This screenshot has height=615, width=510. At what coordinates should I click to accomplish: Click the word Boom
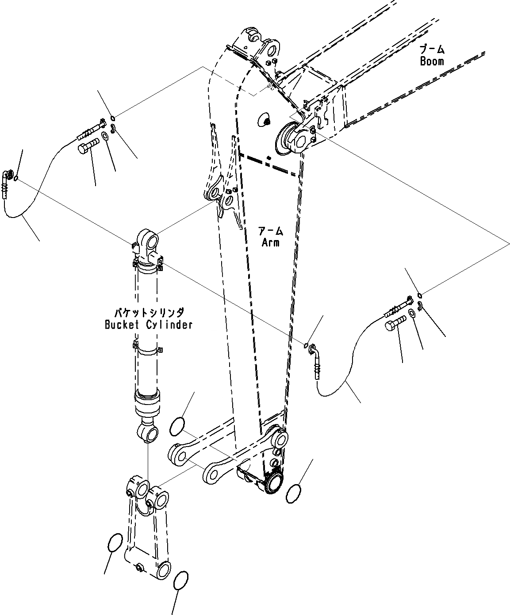point(432,61)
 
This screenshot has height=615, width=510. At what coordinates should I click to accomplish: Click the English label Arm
point(270,242)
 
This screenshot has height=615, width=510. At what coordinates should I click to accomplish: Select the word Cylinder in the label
point(170,325)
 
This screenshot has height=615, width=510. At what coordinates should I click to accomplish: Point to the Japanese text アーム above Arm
point(270,230)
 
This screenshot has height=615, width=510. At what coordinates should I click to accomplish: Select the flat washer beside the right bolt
point(411,313)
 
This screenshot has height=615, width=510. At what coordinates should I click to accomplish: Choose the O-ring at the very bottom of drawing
point(181,580)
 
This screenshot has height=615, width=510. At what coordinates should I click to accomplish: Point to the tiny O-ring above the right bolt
point(419,296)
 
